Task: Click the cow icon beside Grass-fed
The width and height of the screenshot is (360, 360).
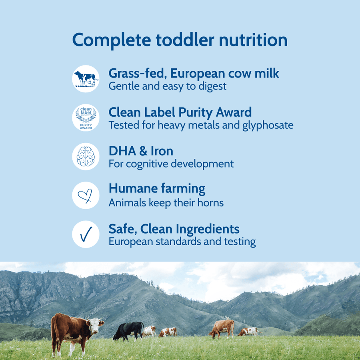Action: coord(86,79)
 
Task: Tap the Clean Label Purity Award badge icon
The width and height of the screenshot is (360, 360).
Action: coord(86,118)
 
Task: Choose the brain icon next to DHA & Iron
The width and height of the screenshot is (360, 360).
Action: coord(86,156)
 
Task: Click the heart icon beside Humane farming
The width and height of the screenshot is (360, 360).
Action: coord(86,195)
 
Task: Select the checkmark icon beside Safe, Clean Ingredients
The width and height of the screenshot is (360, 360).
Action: coord(86,234)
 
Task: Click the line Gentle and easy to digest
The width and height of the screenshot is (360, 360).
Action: coord(168,86)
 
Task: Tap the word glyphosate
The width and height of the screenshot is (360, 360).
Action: coord(268,125)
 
